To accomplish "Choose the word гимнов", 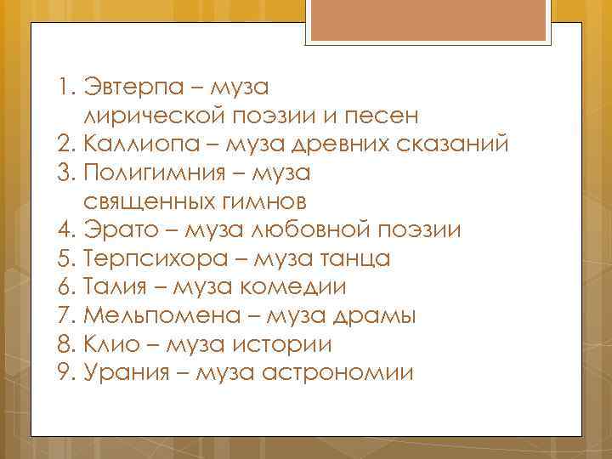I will (x=263, y=201).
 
